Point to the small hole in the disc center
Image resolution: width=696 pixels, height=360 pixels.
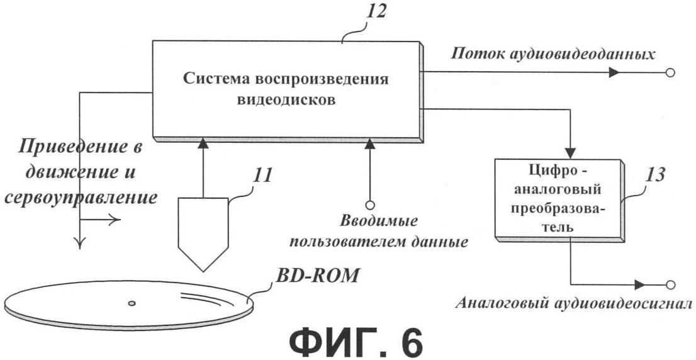coord(132,303)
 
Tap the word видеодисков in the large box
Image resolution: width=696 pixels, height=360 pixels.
coord(286,100)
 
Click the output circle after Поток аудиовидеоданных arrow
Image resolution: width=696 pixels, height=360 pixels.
coord(670,73)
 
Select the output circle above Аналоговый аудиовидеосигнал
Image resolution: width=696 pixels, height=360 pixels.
coord(671,284)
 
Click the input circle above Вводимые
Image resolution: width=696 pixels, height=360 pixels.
coord(369,205)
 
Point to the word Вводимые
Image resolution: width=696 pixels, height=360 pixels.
coord(379,221)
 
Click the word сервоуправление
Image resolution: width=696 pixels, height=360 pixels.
coord(80,198)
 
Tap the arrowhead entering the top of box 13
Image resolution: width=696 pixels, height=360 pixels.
coord(570,154)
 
